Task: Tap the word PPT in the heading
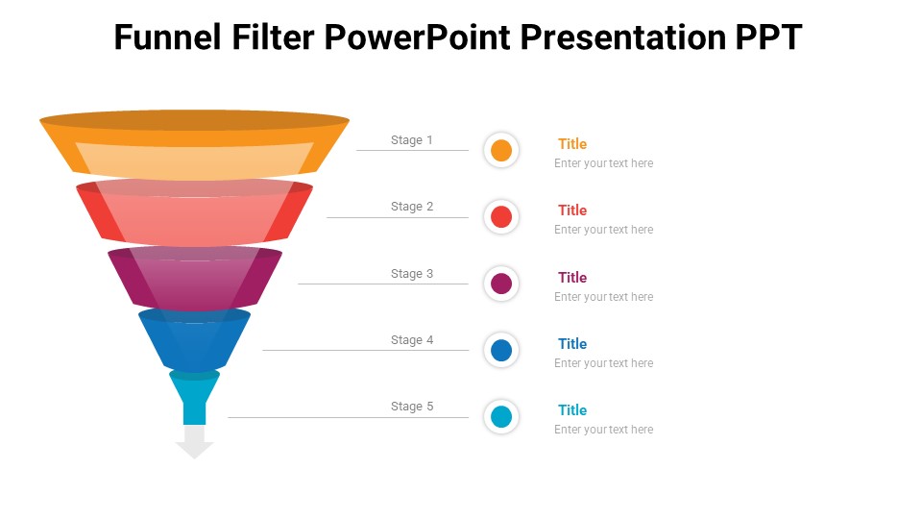click(768, 37)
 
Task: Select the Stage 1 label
click(412, 140)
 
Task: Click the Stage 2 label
click(412, 207)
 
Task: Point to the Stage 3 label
click(412, 274)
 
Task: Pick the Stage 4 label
click(412, 340)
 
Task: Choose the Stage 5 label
click(412, 407)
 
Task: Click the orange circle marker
click(501, 151)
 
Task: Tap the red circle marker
click(501, 217)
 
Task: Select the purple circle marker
click(501, 284)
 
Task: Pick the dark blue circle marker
click(501, 350)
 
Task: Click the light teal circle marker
click(501, 417)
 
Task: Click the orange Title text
click(572, 144)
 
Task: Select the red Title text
click(572, 210)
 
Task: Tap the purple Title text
click(572, 278)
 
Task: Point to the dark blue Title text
click(572, 344)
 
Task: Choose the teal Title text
click(572, 410)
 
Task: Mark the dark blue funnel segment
click(195, 341)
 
